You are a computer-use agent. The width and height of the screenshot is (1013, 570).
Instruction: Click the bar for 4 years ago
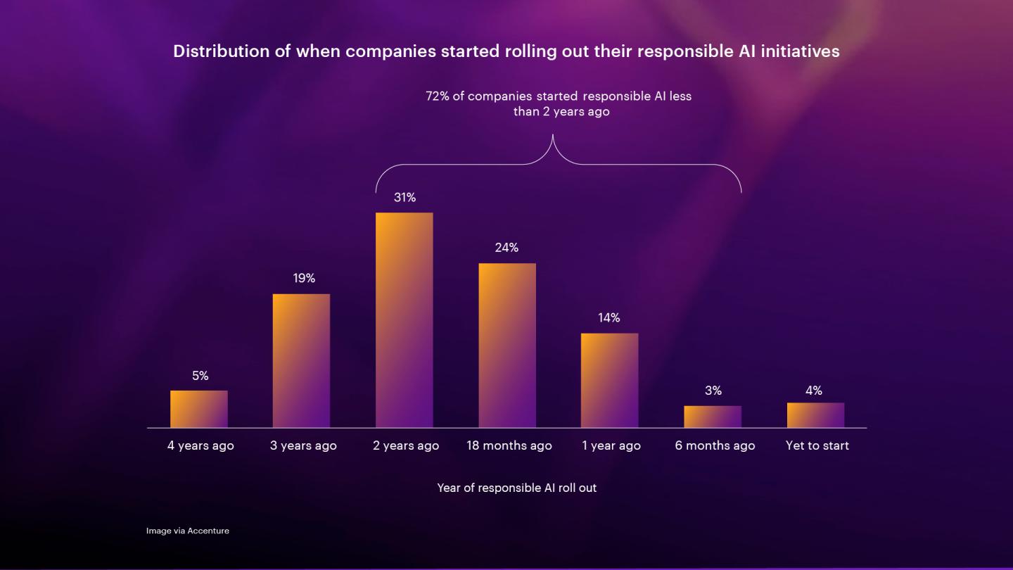click(x=199, y=409)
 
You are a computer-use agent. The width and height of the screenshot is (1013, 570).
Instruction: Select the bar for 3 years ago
click(x=301, y=360)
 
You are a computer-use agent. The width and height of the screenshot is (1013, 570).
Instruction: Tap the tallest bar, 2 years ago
click(x=404, y=319)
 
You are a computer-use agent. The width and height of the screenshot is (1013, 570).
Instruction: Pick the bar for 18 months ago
click(x=507, y=345)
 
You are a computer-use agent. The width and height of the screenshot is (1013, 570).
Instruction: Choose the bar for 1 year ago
click(x=610, y=381)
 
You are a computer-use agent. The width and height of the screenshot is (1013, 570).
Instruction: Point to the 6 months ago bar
click(x=713, y=417)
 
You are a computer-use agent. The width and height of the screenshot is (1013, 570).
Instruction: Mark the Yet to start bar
click(x=816, y=415)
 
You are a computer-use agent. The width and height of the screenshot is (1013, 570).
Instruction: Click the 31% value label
click(x=404, y=197)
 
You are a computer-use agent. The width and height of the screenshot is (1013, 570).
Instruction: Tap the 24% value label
click(x=507, y=248)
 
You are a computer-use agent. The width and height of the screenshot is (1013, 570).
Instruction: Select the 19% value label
click(x=304, y=278)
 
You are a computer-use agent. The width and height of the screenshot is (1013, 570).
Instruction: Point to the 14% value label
click(x=609, y=318)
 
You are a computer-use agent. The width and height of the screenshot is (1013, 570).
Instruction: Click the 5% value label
click(x=200, y=376)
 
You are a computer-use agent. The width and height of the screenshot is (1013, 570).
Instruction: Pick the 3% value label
click(x=713, y=391)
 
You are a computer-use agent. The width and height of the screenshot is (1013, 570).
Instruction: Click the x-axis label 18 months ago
click(x=509, y=445)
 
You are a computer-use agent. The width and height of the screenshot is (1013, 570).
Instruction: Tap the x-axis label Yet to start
click(x=817, y=445)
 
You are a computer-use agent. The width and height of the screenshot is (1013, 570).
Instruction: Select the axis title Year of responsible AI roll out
click(x=517, y=488)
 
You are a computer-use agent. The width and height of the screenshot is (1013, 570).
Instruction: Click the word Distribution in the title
click(x=222, y=51)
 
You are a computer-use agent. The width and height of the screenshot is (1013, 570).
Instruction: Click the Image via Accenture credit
click(x=188, y=531)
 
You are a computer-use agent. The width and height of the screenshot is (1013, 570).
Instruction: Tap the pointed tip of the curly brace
click(x=553, y=135)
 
